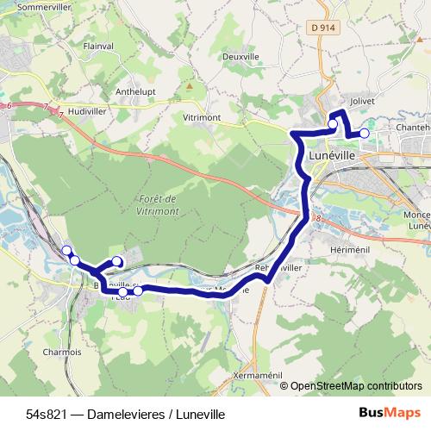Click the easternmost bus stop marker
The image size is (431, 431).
pyautogui.click(x=365, y=134)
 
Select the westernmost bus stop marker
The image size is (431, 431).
pyautogui.click(x=66, y=251)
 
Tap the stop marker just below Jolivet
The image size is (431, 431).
pyautogui.click(x=333, y=124)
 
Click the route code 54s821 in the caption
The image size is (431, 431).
pyautogui.click(x=45, y=415)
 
